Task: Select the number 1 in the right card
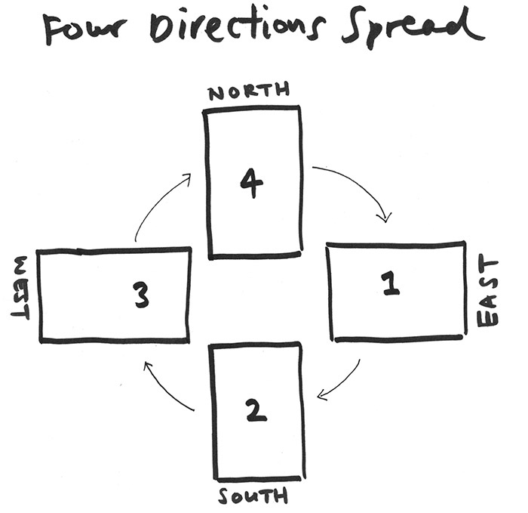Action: point(391,284)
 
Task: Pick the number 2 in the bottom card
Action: point(256,409)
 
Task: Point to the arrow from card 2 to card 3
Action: point(166,389)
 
